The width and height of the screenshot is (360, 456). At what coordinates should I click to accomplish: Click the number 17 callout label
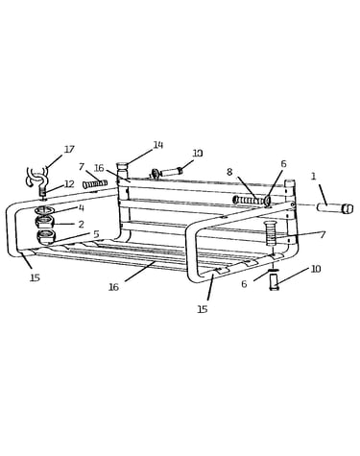(69, 150)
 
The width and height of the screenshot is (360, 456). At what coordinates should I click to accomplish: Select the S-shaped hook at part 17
(38, 177)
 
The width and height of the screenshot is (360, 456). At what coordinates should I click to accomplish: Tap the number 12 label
(69, 184)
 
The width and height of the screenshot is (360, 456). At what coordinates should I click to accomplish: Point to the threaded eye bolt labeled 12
(43, 192)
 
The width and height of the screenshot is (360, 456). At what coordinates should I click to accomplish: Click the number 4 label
(82, 208)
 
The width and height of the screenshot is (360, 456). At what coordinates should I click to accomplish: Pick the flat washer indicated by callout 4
(44, 210)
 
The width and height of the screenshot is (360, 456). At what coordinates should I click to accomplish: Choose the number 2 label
(82, 224)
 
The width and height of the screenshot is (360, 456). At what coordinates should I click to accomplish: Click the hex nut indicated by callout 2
(44, 222)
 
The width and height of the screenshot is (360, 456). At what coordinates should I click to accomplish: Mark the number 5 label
(96, 234)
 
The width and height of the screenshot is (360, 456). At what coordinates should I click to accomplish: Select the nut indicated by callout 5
(47, 236)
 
